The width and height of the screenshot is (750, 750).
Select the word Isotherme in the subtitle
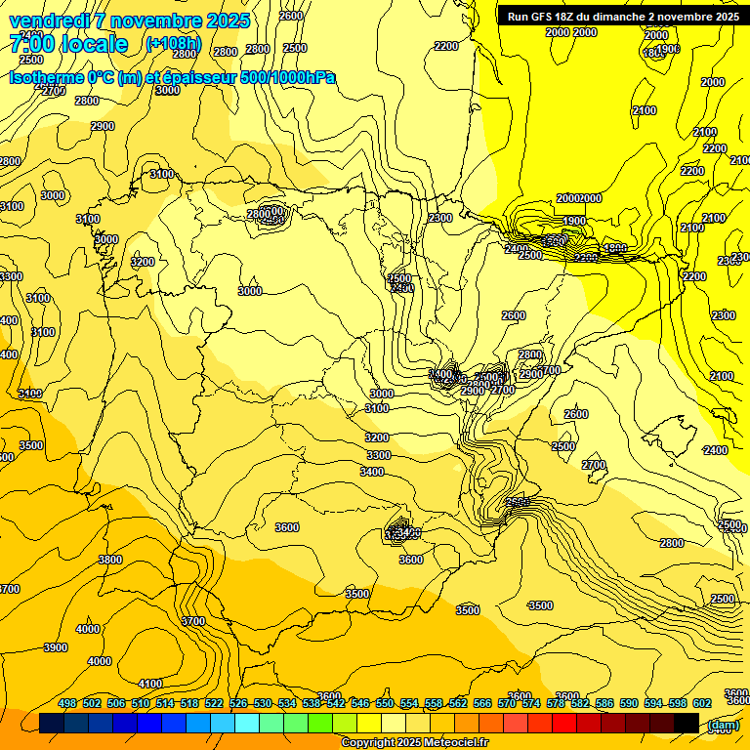pyautogui.click(x=45, y=78)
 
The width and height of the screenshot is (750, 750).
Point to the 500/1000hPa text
pyautogui.click(x=295, y=78)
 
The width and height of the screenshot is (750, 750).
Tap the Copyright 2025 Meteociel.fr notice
pyautogui.click(x=415, y=743)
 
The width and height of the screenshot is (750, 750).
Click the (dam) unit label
pyautogui.click(x=723, y=725)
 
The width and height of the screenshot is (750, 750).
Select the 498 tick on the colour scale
pyautogui.click(x=67, y=703)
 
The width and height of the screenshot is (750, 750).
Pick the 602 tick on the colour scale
pyautogui.click(x=702, y=703)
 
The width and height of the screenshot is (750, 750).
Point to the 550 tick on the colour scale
pyautogui.click(x=385, y=703)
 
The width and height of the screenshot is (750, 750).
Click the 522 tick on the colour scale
pyautogui.click(x=214, y=703)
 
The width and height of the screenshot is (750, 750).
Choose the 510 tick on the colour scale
pyautogui.click(x=141, y=703)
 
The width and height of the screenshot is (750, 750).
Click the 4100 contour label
pyautogui.click(x=150, y=684)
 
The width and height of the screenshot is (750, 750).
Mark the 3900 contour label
pyautogui.click(x=56, y=647)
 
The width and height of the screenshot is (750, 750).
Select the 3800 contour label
pyautogui.click(x=110, y=560)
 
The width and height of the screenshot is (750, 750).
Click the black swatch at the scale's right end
pyautogui.click(x=687, y=724)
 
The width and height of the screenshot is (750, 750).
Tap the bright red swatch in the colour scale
pyautogui.click(x=564, y=724)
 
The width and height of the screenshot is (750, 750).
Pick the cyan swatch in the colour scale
pyautogui.click(x=247, y=724)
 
